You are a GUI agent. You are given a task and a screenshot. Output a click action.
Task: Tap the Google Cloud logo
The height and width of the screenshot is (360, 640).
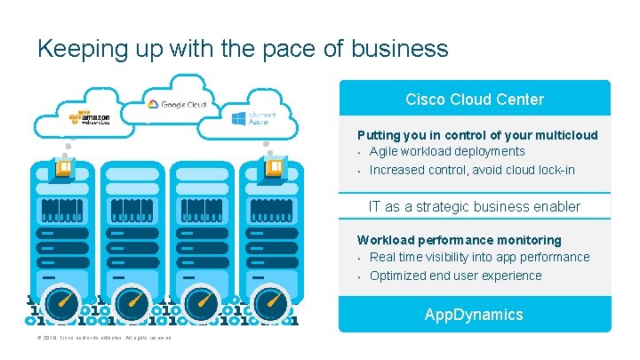point(177,104)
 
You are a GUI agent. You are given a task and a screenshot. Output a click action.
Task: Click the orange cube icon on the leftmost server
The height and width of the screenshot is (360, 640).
point(65,165)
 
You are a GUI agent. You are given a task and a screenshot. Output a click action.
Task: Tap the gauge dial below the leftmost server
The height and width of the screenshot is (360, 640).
point(62,305)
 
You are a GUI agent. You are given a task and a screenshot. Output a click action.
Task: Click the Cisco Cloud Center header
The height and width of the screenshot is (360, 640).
point(474,99)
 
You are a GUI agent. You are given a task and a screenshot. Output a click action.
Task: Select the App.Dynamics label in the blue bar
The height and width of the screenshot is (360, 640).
point(474,315)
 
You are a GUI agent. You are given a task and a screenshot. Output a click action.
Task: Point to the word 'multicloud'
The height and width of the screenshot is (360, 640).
point(565,135)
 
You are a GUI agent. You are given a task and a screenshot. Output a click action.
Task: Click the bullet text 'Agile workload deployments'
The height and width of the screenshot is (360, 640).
point(447,151)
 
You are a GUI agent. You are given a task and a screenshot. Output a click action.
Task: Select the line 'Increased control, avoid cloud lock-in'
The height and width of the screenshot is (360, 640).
point(472,170)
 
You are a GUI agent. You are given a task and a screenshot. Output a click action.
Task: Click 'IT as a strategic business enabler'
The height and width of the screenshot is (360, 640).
point(474,206)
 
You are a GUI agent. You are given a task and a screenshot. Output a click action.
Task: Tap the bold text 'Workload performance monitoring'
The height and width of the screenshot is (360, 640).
point(459,240)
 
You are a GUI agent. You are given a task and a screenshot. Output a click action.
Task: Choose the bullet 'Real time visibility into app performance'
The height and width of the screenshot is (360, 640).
point(479,257)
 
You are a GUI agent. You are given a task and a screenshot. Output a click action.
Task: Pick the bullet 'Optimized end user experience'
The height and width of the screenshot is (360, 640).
point(455,276)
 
